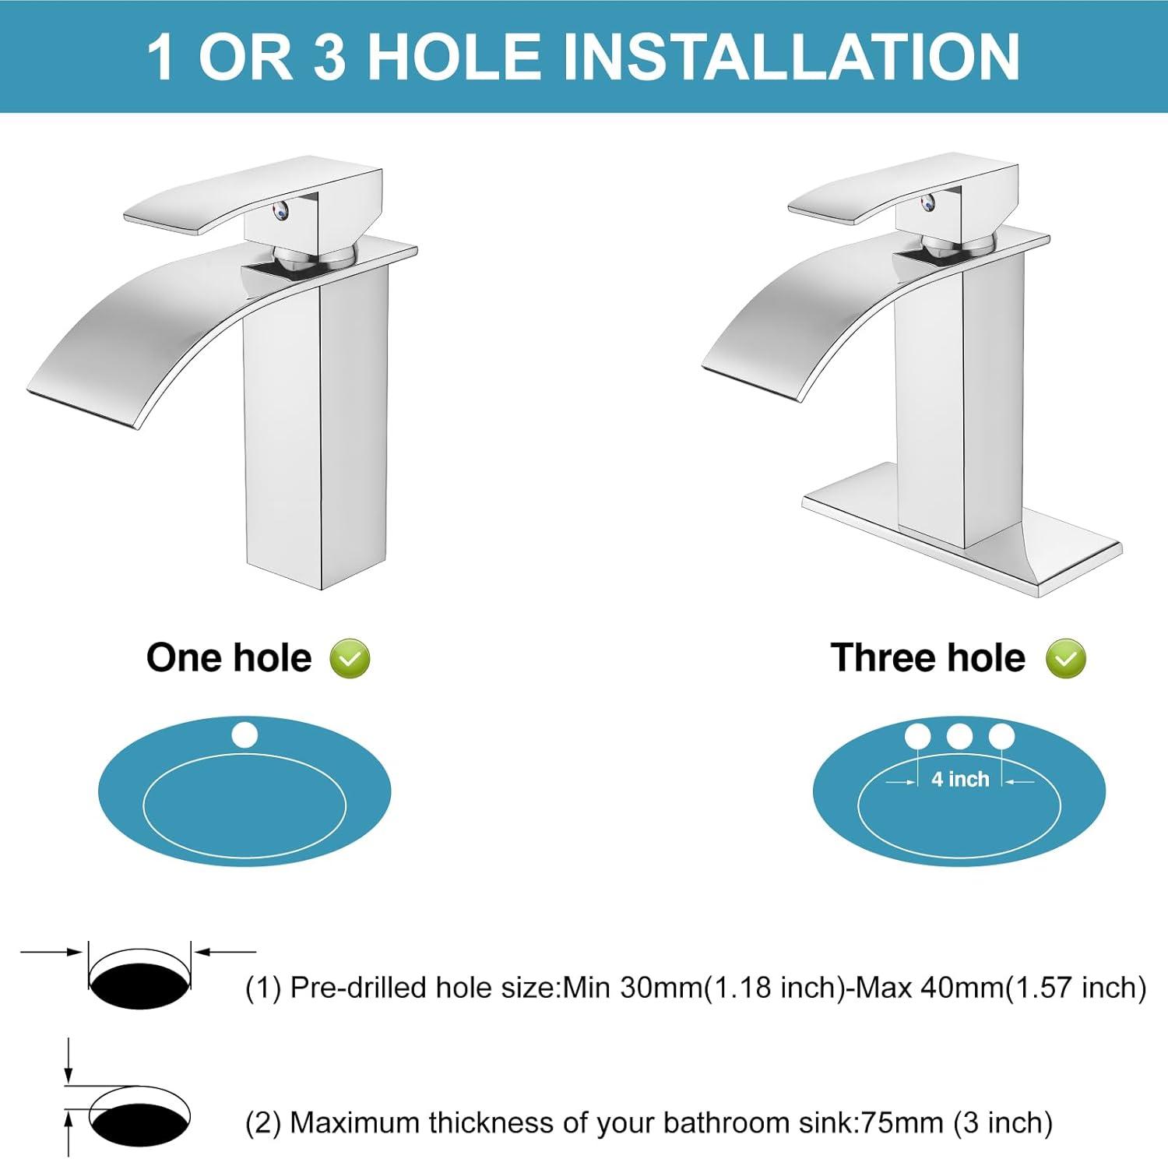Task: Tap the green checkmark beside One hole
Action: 350,659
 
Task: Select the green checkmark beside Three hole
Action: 1065,659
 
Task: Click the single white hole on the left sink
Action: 245,735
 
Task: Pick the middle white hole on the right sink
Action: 959,736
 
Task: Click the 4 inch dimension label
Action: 960,779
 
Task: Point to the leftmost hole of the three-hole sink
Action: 917,736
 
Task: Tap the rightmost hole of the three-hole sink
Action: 1001,736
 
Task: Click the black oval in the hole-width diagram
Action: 140,985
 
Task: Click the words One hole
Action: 229,658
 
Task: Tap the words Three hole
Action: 927,658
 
